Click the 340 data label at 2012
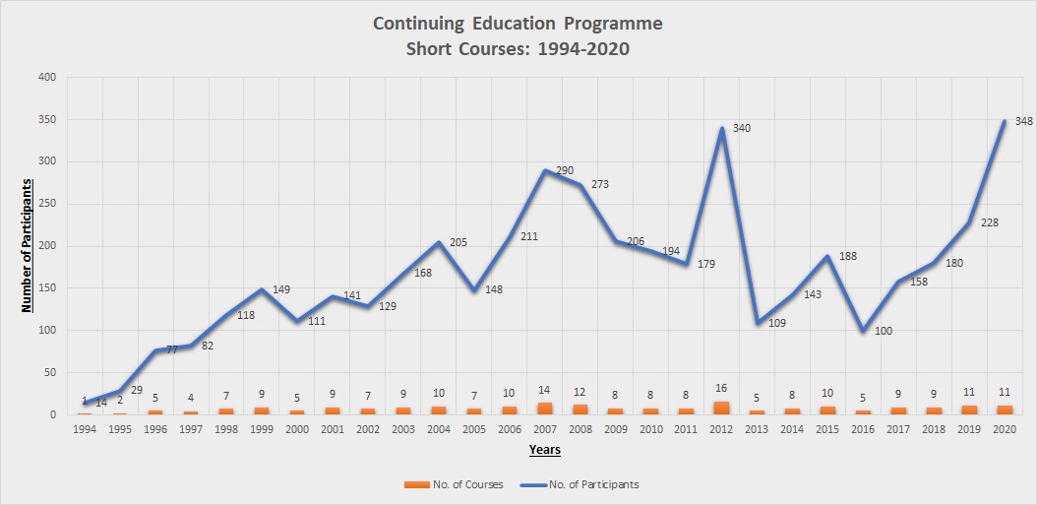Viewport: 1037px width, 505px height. coord(742,129)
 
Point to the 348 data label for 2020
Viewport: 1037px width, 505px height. coord(1023,122)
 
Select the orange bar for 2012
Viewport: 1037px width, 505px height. coord(721,408)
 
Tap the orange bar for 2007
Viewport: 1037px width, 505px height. coord(544,409)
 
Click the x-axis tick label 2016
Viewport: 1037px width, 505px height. coord(863,430)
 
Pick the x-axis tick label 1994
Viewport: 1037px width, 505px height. coord(85,430)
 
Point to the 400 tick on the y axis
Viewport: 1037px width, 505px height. coord(47,77)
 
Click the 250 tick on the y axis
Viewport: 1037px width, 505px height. coord(47,204)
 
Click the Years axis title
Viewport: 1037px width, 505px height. coord(544,450)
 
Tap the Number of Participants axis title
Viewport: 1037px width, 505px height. coord(28,245)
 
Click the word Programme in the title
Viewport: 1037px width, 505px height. coord(612,23)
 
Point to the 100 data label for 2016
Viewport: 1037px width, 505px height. coord(883,331)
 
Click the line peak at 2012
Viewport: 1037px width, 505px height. coord(721,128)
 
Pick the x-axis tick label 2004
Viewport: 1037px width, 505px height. coord(438,430)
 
